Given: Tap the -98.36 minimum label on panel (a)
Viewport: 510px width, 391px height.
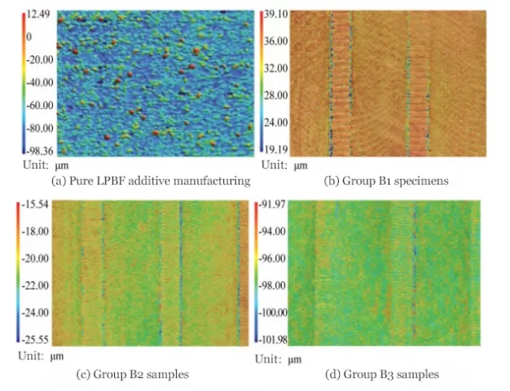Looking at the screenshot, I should pyautogui.click(x=40, y=150).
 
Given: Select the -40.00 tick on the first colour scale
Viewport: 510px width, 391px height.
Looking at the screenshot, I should pyautogui.click(x=41, y=82).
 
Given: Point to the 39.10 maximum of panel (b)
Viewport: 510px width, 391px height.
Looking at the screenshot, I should pyautogui.click(x=274, y=14).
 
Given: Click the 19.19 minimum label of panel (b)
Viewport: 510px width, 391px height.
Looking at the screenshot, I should pyautogui.click(x=274, y=150).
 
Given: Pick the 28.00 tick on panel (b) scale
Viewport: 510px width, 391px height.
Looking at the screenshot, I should pyautogui.click(x=274, y=95).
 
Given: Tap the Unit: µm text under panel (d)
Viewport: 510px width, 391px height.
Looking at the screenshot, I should pyautogui.click(x=277, y=358).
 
